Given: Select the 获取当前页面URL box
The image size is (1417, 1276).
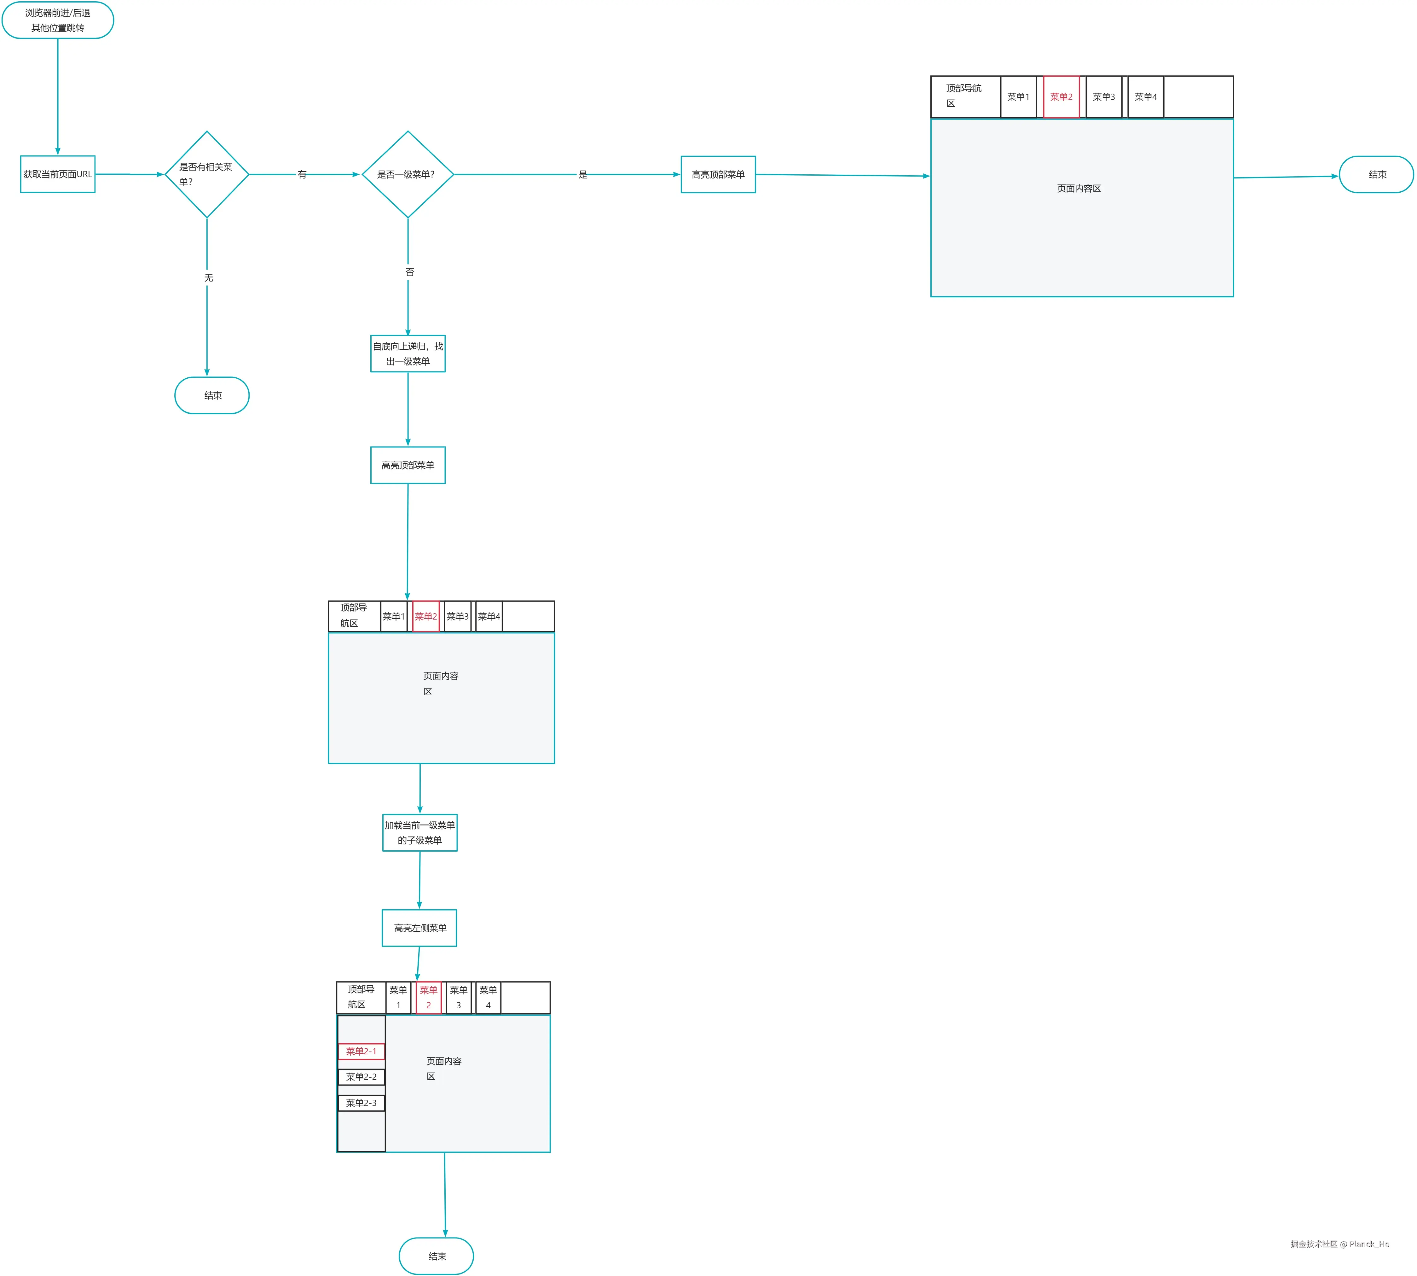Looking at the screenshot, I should [57, 174].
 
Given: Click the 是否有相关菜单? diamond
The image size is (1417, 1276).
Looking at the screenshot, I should [207, 174].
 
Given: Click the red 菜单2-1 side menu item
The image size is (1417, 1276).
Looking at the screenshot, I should [361, 1051].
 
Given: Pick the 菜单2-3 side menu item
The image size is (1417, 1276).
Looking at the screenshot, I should [361, 1103].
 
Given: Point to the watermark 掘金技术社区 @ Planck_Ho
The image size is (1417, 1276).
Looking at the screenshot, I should [1339, 1244].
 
